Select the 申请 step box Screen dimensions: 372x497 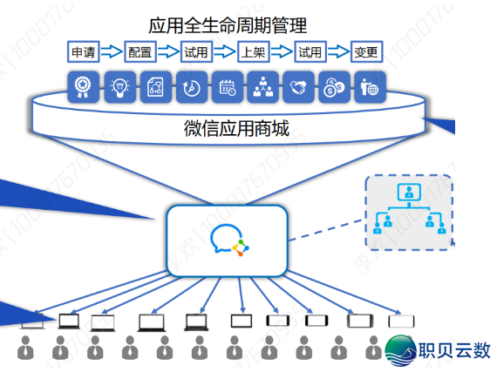[84, 52]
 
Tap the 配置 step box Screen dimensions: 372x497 [140, 52]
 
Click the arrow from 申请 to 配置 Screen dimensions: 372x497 [112, 52]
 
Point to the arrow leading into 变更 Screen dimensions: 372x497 [338, 52]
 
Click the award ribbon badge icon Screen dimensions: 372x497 [82, 86]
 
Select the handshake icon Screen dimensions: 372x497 [297, 86]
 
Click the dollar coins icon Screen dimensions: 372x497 [333, 86]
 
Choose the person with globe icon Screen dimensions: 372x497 [369, 86]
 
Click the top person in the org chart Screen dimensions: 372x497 [407, 193]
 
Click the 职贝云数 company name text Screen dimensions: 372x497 [454, 350]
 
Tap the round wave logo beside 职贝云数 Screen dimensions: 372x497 [401, 348]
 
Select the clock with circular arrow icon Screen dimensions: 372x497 [190, 86]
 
